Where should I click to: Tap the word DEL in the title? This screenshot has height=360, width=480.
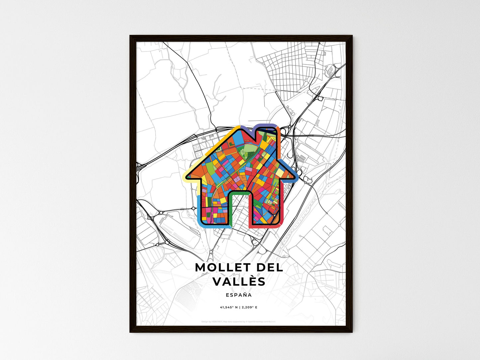[267, 267]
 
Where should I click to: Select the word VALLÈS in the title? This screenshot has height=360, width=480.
[239, 282]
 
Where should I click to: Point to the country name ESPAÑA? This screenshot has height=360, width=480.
[239, 295]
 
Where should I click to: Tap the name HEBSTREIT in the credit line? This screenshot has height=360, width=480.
[216, 321]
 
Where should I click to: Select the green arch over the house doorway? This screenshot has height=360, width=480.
[239, 192]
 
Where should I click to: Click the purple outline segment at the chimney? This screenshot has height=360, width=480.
[266, 126]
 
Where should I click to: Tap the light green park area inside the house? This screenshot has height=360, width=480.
[247, 149]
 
